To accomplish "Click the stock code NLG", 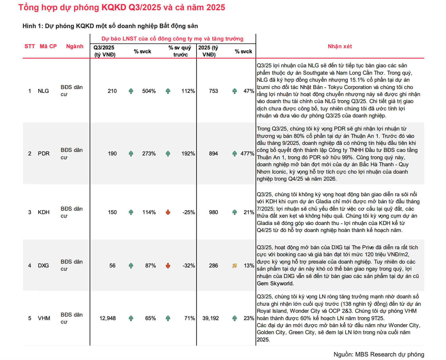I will click(x=43, y=91).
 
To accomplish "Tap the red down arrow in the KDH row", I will click(x=168, y=212).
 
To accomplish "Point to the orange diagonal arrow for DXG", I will click(x=234, y=266).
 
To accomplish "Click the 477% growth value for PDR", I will click(x=247, y=154).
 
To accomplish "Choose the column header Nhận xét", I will click(x=340, y=46).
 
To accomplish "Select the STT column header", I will click(x=30, y=46).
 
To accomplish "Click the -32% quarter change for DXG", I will click(x=189, y=265).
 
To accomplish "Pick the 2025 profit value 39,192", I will click(x=210, y=318).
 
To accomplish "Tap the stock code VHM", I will click(x=44, y=318).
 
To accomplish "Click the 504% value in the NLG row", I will click(x=149, y=91).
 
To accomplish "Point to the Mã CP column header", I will click(x=48, y=46).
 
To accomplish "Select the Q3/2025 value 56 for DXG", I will click(x=112, y=265).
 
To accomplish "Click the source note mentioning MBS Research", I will click(x=379, y=354).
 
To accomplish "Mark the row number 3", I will click(x=30, y=212).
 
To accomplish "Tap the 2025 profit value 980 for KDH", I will click(x=213, y=212).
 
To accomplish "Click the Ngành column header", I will click(x=75, y=46).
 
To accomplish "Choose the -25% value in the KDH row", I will click(x=189, y=212).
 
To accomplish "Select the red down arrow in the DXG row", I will click(x=168, y=265).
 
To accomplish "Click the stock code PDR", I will click(x=43, y=154).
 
